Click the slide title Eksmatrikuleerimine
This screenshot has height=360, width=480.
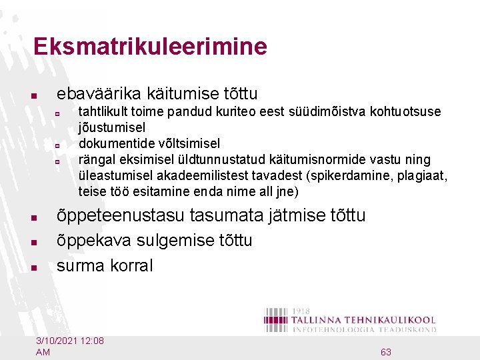point(150,47)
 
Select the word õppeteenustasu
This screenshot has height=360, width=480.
point(121,215)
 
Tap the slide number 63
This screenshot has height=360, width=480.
point(385,352)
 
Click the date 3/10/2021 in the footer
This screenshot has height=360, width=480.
point(58,341)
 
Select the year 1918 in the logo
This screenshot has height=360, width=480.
point(302,311)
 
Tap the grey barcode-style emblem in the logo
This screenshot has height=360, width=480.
point(276,319)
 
